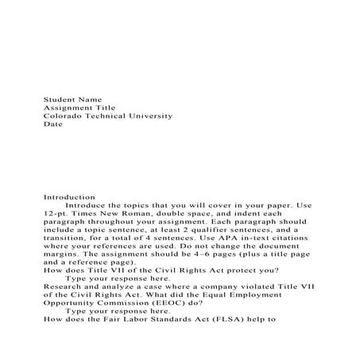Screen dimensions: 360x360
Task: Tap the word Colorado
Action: click(63, 116)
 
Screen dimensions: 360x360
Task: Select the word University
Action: click(151, 116)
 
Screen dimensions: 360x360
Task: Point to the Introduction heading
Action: click(68, 196)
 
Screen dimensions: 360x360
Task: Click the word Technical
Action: click(105, 116)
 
